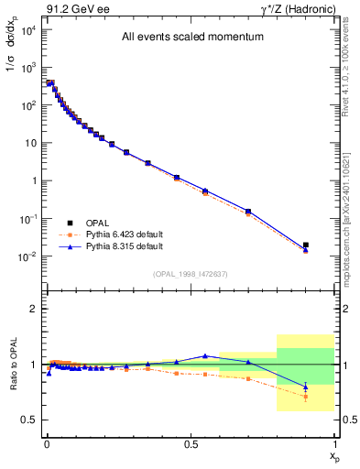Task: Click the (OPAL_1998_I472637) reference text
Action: [x=190, y=273]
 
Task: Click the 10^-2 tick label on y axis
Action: [x=27, y=256]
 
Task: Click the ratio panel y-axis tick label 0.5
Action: [x=28, y=420]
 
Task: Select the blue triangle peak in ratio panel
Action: [x=205, y=355]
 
